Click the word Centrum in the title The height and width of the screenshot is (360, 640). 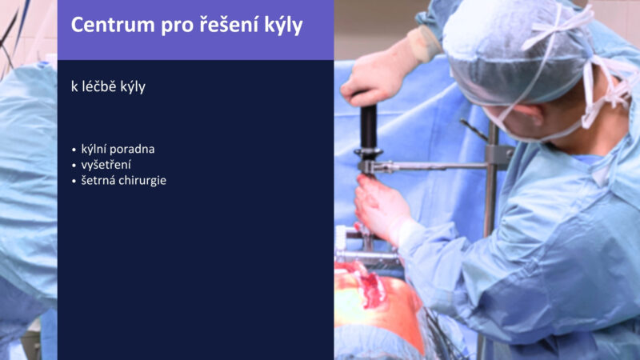tap(113, 25)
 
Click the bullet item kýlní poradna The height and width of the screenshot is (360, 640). tap(118, 149)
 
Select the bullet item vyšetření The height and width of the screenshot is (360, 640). tap(106, 165)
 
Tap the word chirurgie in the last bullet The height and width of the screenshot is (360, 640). tap(144, 181)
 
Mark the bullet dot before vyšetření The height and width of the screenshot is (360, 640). tap(74, 166)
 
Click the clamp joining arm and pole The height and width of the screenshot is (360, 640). tap(498, 157)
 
